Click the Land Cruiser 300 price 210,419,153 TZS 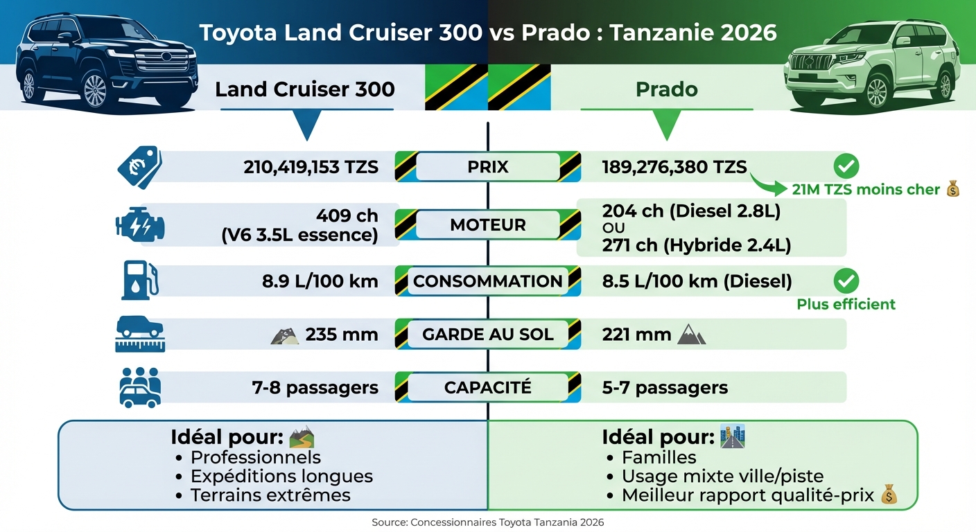[x=311, y=167]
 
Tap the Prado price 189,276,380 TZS [x=674, y=167]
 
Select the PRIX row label [x=488, y=167]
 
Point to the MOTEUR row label [x=488, y=225]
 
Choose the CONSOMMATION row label [x=488, y=281]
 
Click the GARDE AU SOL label [x=488, y=335]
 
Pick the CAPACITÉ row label [x=488, y=387]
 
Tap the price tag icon [x=140, y=167]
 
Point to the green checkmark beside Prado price [x=846, y=166]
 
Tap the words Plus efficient [x=846, y=304]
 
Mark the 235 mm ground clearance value [x=341, y=335]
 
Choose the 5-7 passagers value [x=665, y=388]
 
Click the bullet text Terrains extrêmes [x=270, y=495]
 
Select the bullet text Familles [x=659, y=457]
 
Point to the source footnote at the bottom [x=487, y=522]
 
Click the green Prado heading [x=666, y=90]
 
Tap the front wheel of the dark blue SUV [x=95, y=89]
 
